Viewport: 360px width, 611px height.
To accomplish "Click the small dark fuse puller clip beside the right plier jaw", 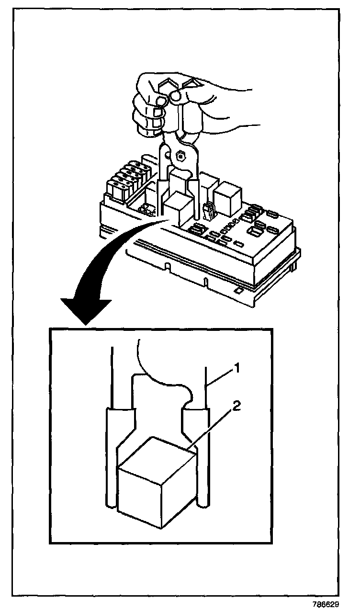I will point(208,212).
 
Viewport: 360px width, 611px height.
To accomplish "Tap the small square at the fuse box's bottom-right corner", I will point(238,290).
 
